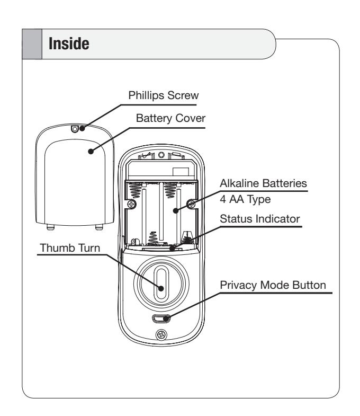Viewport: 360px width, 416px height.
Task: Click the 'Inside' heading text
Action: pos(69,44)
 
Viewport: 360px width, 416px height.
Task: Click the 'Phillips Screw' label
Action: pos(164,95)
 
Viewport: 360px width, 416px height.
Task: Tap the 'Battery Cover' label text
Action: pos(170,118)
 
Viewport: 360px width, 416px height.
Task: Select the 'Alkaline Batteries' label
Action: pos(263,183)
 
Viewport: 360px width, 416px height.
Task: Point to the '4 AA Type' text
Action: pos(245,199)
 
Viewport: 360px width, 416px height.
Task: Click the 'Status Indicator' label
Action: pos(260,219)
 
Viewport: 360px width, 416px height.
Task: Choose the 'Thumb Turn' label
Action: pos(70,248)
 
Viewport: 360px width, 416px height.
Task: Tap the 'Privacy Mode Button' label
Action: pos(273,285)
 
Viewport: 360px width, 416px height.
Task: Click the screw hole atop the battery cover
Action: pos(75,129)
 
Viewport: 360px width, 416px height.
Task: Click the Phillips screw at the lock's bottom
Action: pos(161,335)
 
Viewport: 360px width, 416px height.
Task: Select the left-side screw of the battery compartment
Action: pos(132,204)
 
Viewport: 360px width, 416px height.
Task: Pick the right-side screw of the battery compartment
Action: pos(192,203)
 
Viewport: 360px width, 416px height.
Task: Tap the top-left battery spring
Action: pos(135,190)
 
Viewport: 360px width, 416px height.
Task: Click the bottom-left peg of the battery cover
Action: pos(50,227)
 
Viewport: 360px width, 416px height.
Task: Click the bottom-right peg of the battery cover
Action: pos(99,227)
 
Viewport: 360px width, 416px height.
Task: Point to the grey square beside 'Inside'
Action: pos(32,44)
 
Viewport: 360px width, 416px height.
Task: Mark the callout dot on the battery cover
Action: pos(91,152)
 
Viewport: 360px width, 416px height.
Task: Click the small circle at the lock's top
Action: pos(161,155)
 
